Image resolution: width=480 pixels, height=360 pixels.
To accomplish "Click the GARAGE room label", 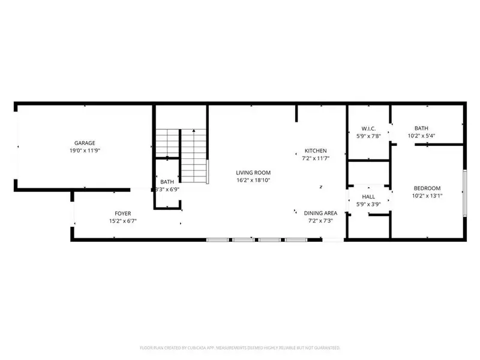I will coord(85,143).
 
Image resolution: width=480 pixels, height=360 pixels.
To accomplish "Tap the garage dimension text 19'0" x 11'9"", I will coord(85,151).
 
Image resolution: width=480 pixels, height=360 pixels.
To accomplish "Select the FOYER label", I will coord(123,214).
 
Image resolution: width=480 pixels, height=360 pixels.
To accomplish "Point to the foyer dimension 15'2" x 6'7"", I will coord(123,221).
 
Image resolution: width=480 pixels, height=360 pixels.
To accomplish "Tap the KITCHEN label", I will coord(315,151).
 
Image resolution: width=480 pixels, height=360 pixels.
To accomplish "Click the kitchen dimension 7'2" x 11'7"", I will coord(315,158).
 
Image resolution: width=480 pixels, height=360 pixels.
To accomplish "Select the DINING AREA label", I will coord(320,213).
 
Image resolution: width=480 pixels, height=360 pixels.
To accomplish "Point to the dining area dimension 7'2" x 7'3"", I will coord(320,221).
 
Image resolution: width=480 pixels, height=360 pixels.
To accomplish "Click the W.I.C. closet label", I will coord(368,128).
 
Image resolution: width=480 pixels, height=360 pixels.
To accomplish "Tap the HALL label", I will coord(368,197).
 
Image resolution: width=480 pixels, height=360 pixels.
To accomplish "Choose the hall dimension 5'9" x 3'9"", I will coord(368,204).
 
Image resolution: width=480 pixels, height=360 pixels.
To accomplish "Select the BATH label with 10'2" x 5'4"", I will coord(421,128).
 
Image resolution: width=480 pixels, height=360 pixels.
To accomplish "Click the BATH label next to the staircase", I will coord(167,182).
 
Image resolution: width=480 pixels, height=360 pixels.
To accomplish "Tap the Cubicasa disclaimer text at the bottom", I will coord(240,347).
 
